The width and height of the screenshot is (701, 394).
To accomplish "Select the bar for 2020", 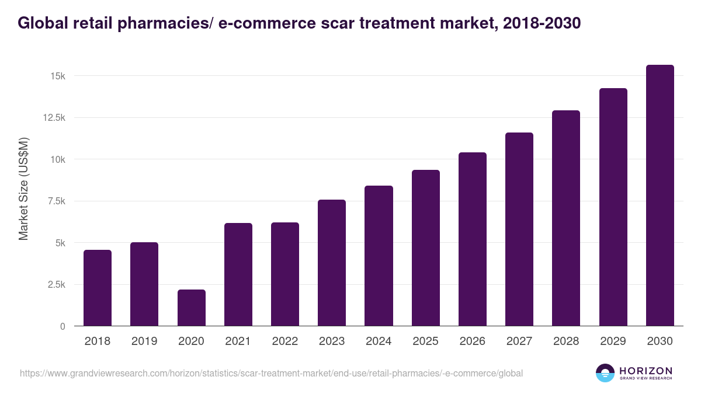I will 192,308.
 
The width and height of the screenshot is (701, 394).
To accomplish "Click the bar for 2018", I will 98,288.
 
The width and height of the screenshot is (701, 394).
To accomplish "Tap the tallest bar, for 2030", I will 660,196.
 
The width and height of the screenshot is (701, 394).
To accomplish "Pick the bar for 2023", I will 332,263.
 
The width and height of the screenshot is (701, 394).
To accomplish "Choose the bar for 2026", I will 472,239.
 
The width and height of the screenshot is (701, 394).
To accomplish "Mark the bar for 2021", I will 238,274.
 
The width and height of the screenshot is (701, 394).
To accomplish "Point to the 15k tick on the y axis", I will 57,76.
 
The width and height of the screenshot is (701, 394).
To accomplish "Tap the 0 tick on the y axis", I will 62,326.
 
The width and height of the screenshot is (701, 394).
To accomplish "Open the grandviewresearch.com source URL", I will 271,373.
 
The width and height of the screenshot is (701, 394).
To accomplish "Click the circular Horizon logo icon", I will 605,373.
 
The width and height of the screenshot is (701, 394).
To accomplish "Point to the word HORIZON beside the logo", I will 646,370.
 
